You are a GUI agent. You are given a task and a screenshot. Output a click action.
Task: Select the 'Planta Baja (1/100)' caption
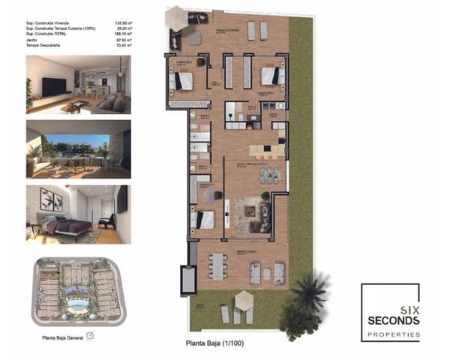(x=214, y=343)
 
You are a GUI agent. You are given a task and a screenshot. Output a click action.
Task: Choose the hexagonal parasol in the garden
(x=245, y=299)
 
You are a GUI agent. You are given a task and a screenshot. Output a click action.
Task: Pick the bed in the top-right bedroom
(x=270, y=76)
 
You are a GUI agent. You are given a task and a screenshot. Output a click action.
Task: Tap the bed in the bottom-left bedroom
(x=204, y=219)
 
